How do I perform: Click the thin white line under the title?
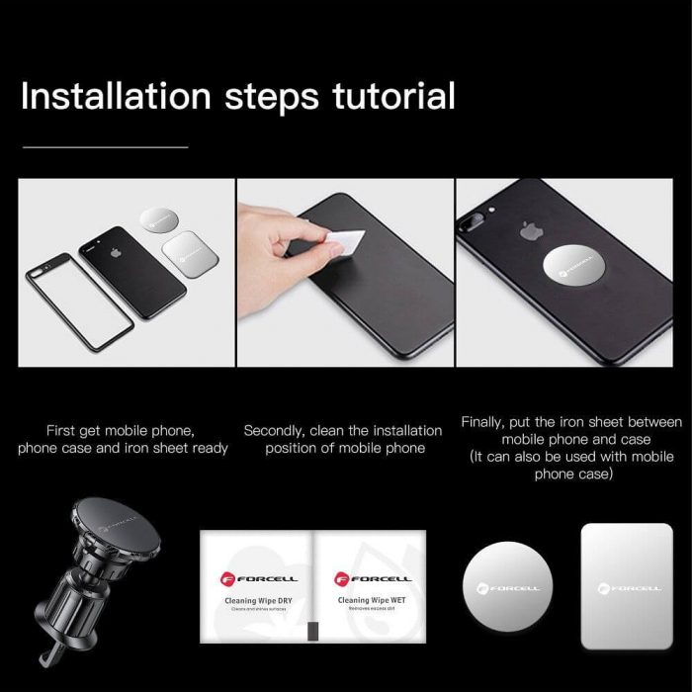(x=105, y=147)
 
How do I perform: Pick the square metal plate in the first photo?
(x=189, y=254)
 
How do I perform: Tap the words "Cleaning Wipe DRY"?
(x=256, y=600)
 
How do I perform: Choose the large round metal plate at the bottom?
(x=507, y=586)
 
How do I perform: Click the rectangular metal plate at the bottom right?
(x=626, y=585)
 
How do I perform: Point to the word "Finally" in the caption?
(x=485, y=422)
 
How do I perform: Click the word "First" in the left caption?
(x=62, y=431)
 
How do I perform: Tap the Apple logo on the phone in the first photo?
(x=116, y=253)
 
